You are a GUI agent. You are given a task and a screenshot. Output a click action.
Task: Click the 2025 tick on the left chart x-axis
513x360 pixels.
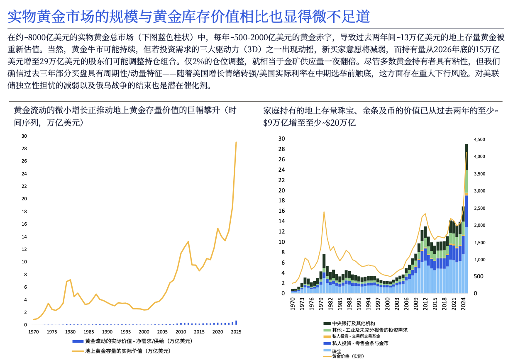click(x=236, y=332)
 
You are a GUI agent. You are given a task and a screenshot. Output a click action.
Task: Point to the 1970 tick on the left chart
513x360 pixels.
click(x=34, y=332)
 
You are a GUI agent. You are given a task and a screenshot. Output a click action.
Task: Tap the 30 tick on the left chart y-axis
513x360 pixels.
click(x=24, y=136)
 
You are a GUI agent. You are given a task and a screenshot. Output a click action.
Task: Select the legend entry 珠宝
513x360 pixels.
click(x=337, y=350)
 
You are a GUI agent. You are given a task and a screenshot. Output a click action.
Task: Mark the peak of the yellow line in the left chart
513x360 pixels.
click(x=236, y=142)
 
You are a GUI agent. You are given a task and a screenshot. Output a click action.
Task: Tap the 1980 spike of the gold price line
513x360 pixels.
click(x=324, y=212)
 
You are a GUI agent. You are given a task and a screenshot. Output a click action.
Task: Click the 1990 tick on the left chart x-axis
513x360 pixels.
click(x=107, y=332)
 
